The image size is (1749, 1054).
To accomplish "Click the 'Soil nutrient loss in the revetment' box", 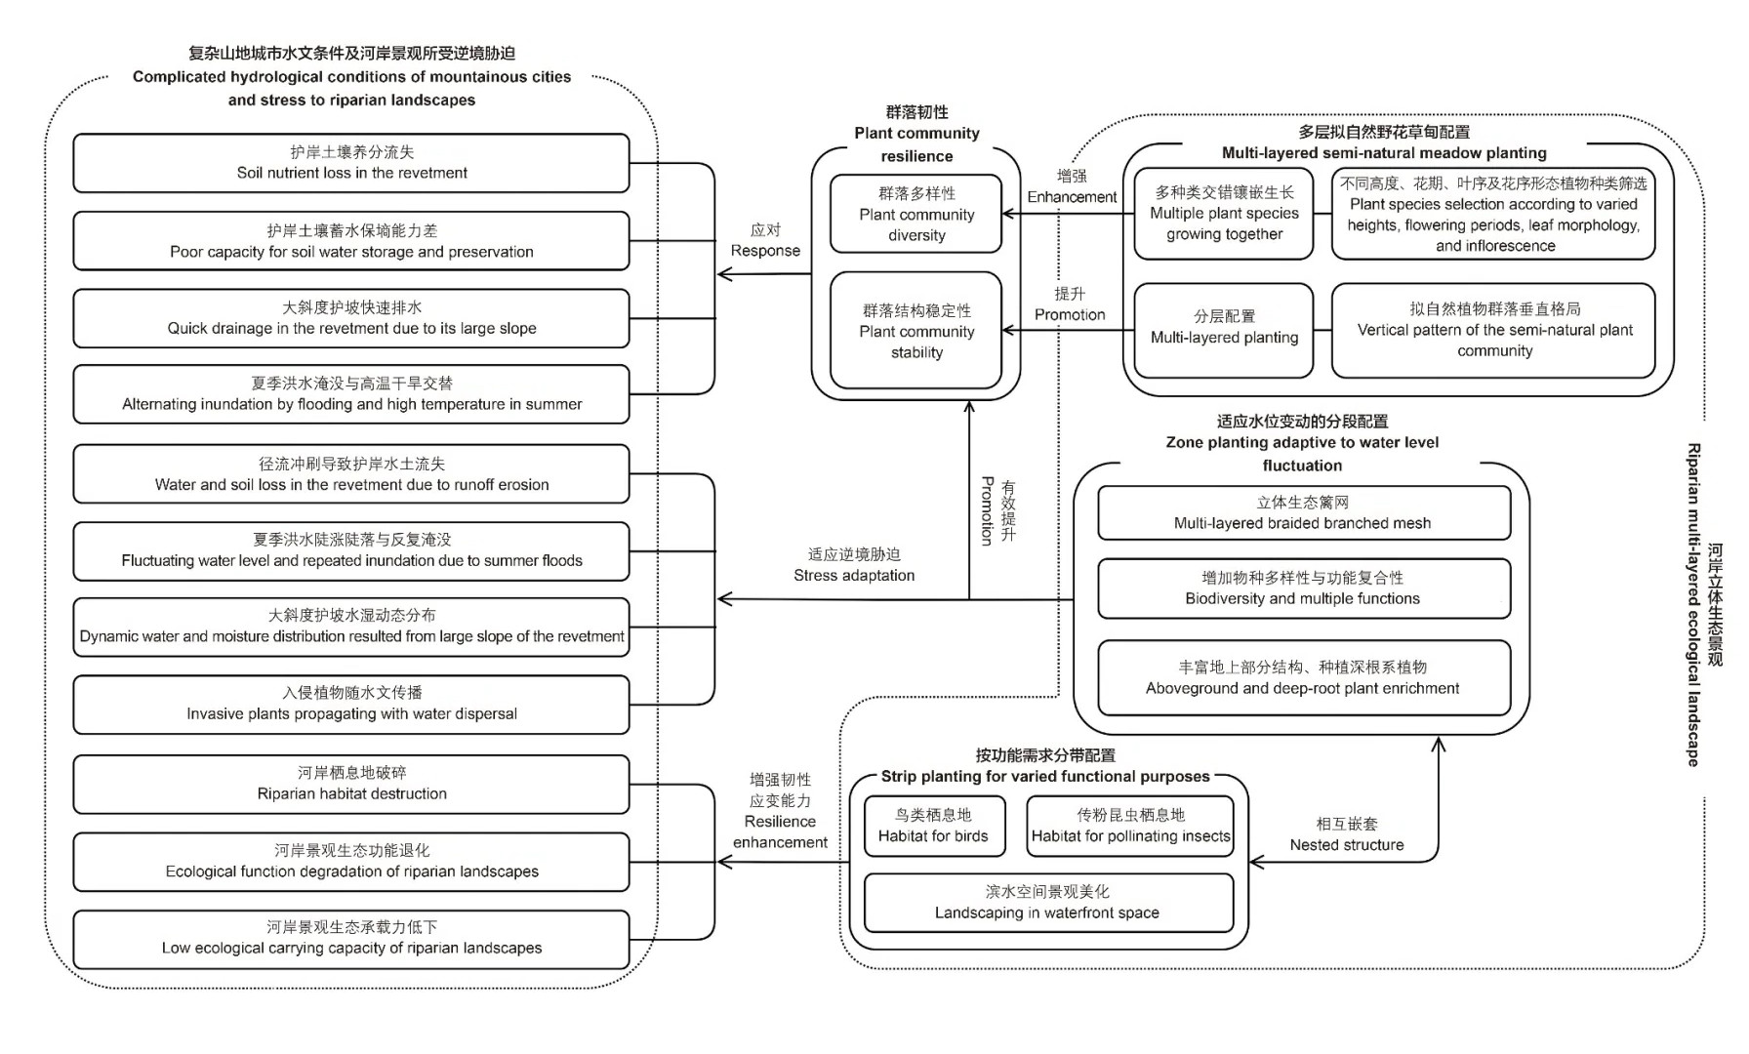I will (351, 163).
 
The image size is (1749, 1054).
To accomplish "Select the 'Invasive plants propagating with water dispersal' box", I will (351, 704).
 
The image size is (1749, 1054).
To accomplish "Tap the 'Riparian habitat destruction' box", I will (351, 784).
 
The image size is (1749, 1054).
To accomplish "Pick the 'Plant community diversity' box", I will (916, 214).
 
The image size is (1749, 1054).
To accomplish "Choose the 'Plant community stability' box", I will (916, 331).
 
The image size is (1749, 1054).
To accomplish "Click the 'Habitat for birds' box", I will (933, 826).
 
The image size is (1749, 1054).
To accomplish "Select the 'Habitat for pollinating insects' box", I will (1130, 826).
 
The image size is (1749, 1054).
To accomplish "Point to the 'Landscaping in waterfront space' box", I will (1047, 903).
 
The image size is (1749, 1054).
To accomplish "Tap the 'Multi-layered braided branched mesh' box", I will (1303, 513).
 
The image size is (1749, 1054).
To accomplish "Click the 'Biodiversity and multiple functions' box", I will (1303, 588).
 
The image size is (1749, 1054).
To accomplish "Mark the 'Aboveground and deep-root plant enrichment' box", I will (1303, 678).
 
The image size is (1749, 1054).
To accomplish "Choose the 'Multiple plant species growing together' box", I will (1224, 214).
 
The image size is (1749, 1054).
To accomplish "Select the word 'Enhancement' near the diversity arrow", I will (1072, 196).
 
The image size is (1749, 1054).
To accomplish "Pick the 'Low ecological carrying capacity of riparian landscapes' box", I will (351, 939).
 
